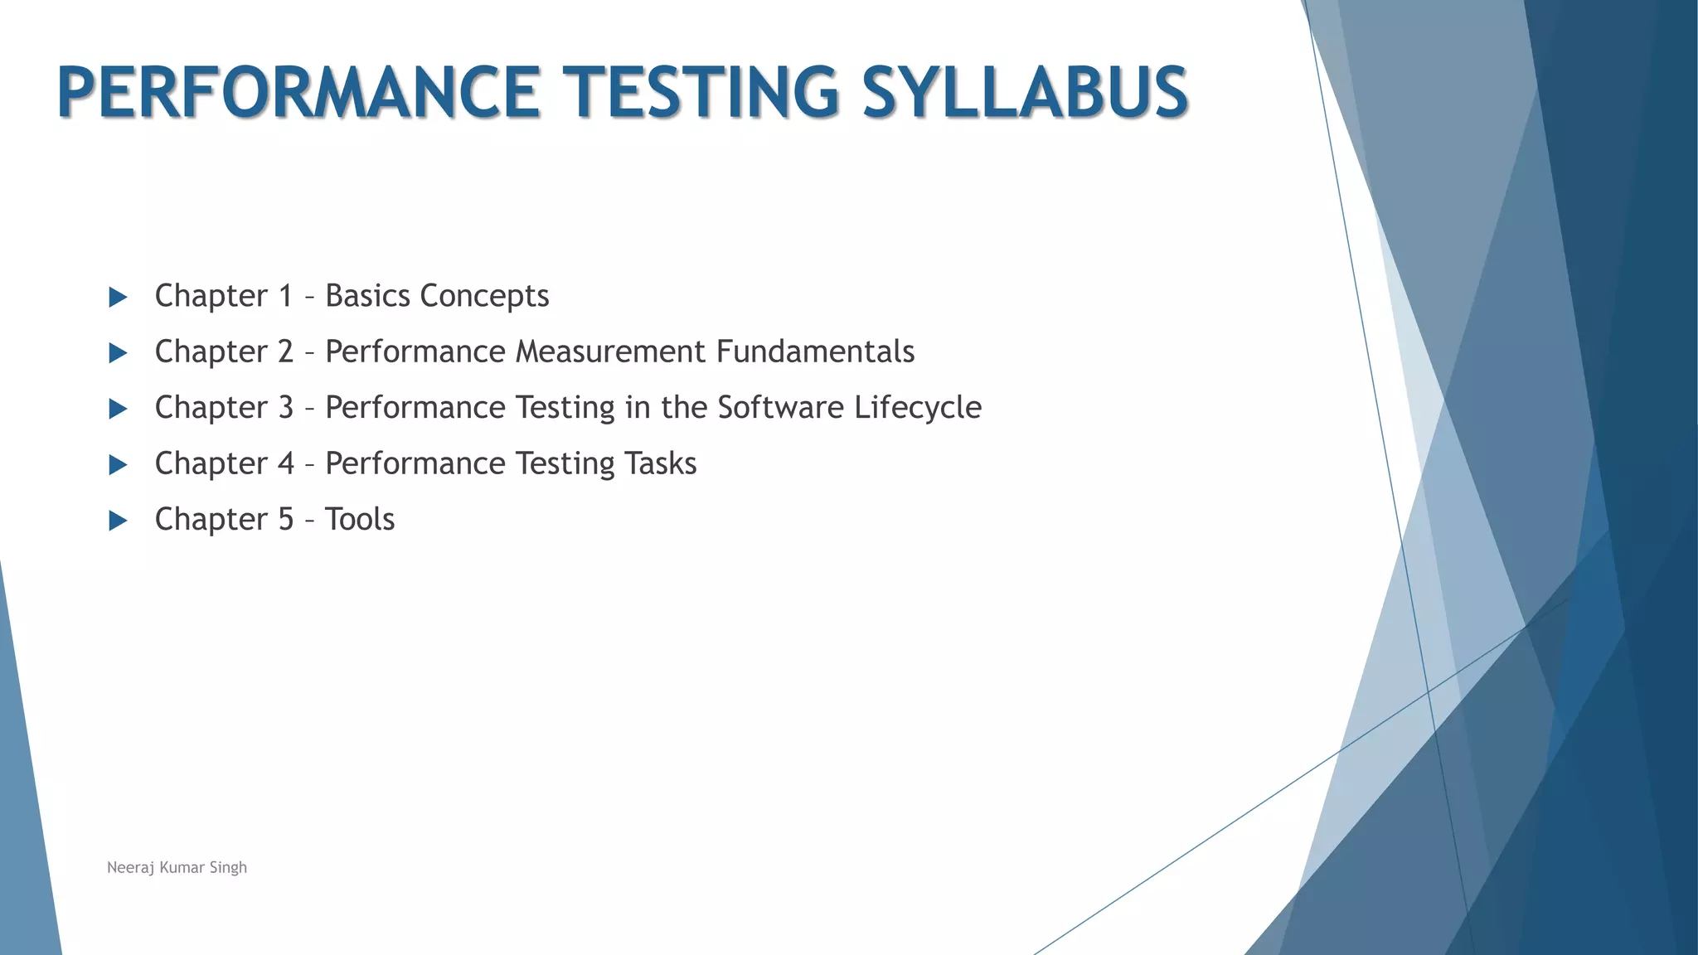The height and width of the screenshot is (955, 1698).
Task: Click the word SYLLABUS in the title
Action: [x=1025, y=92]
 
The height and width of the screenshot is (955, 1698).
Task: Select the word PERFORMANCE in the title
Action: [x=298, y=92]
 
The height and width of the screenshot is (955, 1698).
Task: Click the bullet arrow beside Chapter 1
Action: [x=118, y=298]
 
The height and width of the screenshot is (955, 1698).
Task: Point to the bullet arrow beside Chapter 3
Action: [x=118, y=409]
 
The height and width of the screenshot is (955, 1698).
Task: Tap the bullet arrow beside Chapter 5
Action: [x=118, y=521]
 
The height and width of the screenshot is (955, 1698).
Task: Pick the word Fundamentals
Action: [x=815, y=351]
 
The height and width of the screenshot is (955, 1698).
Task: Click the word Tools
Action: [x=360, y=519]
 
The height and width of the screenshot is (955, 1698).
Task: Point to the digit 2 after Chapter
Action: [x=285, y=351]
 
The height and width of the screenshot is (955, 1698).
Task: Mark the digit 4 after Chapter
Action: [x=285, y=463]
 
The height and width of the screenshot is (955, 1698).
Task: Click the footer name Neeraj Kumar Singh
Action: [x=177, y=867]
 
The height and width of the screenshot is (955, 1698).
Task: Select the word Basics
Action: [x=368, y=296]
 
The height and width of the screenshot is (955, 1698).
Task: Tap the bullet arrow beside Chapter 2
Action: [x=118, y=353]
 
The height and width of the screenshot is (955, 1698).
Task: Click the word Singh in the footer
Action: [x=228, y=868]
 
